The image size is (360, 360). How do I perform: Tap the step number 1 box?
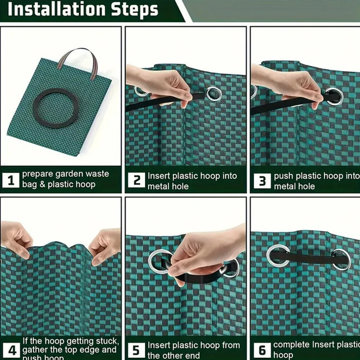click(10, 180)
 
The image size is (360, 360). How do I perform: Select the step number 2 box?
click(136, 180)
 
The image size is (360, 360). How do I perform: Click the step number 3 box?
click(261, 180)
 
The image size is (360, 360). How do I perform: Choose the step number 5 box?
click(136, 350)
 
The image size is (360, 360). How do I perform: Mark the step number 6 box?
click(261, 350)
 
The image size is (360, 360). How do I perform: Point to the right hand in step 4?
click(106, 244)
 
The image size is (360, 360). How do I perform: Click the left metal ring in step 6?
click(278, 256)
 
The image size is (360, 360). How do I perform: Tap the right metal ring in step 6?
click(340, 259)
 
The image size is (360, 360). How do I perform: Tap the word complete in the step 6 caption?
click(291, 345)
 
